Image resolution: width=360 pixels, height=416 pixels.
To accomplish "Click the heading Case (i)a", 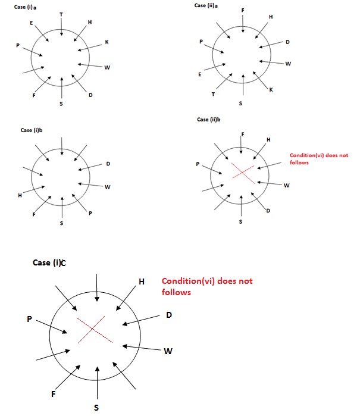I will (x=26, y=8).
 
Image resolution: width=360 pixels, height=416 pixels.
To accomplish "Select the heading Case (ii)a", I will (x=208, y=5).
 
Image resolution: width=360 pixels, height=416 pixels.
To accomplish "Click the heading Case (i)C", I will (x=50, y=262).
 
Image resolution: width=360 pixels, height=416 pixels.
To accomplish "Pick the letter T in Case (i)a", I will (x=61, y=14).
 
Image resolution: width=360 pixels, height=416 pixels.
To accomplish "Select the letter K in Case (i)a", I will (x=107, y=42).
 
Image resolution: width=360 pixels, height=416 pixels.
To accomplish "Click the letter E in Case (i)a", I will (x=31, y=22).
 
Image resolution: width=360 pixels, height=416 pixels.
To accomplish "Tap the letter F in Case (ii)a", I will (x=242, y=11).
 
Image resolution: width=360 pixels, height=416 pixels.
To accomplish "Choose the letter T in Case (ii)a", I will (x=213, y=94).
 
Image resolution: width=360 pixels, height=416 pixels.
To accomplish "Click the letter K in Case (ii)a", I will (x=271, y=90).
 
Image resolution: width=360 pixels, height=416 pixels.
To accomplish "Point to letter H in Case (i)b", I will (x=20, y=195).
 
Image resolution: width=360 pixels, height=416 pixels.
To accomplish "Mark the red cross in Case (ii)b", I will (x=241, y=172).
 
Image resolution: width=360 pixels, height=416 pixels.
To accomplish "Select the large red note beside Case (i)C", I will (x=207, y=286).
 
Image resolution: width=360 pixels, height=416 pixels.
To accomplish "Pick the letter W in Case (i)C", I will (x=168, y=351).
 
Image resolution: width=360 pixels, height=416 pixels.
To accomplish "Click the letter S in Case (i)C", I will (x=96, y=408).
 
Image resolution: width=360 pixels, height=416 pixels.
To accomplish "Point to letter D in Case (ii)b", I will (x=268, y=211).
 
